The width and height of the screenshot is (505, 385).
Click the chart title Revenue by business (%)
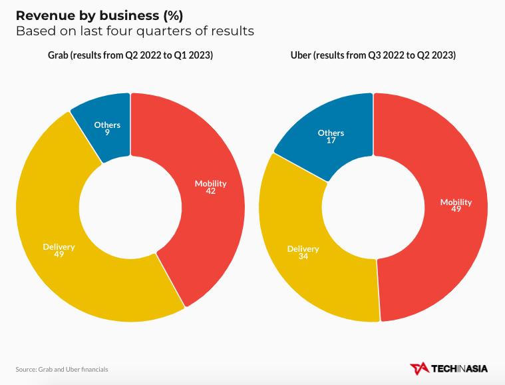(99, 15)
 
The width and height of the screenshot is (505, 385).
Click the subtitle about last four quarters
(135, 31)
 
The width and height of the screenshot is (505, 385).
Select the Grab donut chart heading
(130, 55)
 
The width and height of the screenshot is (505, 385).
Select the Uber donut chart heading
(373, 55)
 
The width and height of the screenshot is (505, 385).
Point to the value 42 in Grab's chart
(211, 191)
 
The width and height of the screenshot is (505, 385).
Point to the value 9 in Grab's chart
(107, 133)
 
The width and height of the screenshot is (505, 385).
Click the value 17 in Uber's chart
(331, 141)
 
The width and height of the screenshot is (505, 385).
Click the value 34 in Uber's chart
(303, 256)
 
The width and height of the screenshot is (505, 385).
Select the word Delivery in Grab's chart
(59, 246)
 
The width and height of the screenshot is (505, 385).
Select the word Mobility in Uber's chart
(456, 202)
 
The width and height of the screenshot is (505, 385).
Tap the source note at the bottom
(62, 369)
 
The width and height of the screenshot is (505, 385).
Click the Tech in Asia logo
(448, 368)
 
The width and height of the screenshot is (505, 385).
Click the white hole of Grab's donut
(130, 207)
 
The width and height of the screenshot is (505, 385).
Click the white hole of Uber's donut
(373, 207)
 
